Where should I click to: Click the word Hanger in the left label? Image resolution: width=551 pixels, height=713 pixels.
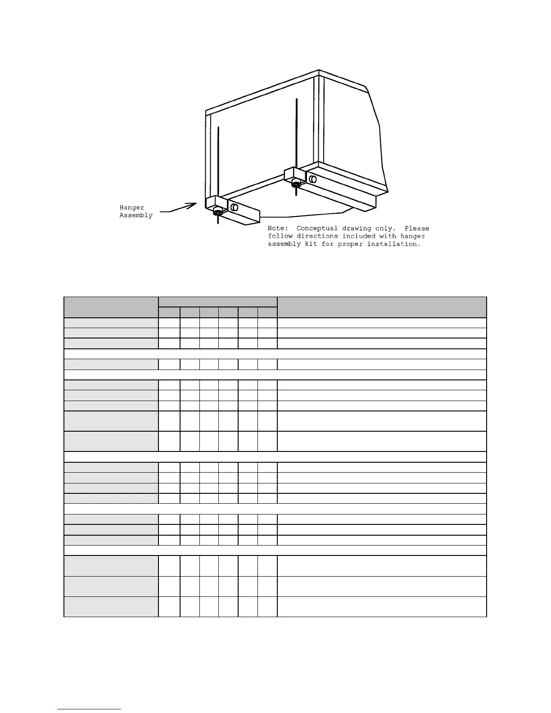132,208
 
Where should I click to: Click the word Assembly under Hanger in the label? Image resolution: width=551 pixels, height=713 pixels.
136,215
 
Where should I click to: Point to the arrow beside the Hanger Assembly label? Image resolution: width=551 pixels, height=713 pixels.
179,208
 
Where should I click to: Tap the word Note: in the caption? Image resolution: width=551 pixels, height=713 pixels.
278,228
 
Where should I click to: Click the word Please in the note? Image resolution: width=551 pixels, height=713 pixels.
417,228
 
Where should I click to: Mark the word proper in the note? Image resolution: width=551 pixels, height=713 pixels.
350,244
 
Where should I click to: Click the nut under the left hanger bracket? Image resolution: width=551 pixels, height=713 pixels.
217,212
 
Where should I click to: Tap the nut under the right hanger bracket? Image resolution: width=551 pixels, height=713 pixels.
296,183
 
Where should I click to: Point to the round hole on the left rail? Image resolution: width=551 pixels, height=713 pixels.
234,207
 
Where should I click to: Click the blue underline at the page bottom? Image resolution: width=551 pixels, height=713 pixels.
89,709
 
